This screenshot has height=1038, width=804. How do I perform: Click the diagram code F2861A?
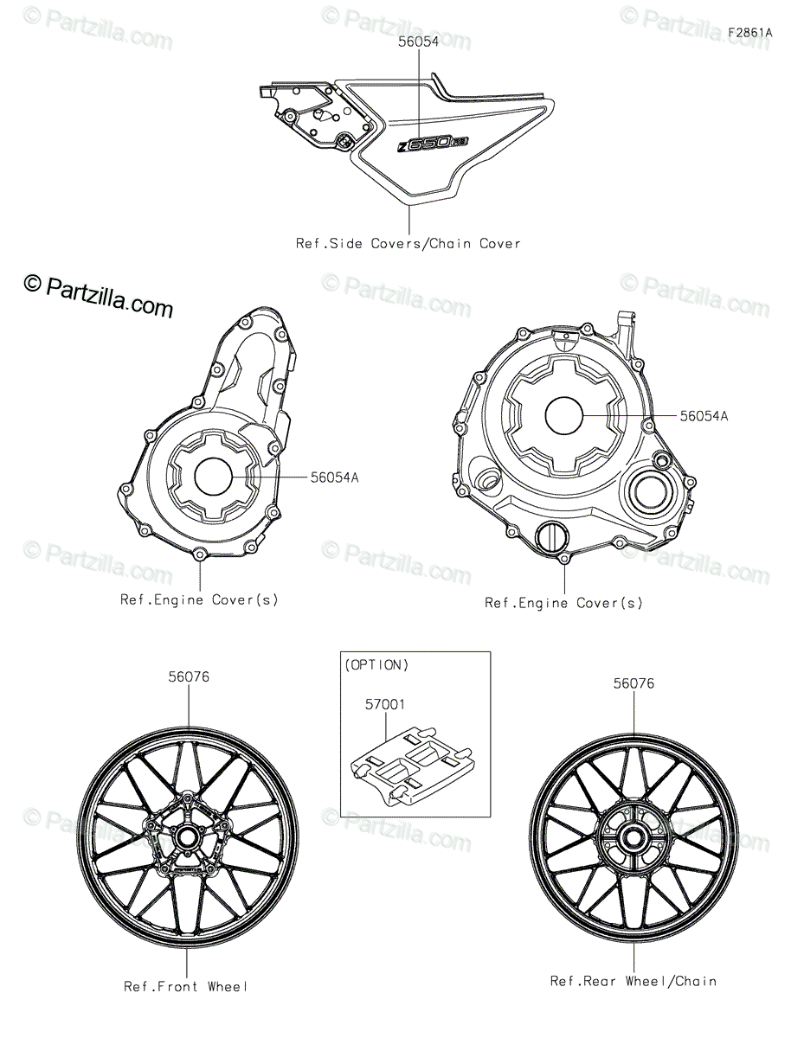pos(749,33)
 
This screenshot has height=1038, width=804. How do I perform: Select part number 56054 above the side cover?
pos(419,42)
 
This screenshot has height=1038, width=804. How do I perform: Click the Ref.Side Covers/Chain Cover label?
pos(408,244)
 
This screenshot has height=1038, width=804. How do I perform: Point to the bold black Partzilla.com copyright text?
pos(99,296)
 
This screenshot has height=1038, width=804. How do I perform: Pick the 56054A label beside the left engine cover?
pos(334,477)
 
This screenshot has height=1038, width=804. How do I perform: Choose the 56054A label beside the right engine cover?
pos(704,416)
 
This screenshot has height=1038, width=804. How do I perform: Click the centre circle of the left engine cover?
pos(213,477)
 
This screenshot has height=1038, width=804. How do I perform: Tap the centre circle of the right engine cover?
pos(564,415)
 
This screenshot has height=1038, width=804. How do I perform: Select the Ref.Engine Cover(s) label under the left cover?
pos(199,600)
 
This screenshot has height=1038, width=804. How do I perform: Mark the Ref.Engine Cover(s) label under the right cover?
pos(563,603)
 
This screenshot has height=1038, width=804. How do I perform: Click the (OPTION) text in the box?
pos(376,665)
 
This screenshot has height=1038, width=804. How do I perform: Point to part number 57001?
pos(385,704)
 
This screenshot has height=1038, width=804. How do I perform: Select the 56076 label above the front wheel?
pos(189,677)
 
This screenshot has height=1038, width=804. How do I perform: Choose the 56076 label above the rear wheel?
pos(634,683)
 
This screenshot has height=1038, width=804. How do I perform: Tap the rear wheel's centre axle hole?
pos(634,838)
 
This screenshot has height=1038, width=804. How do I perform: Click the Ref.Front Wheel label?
pos(186,986)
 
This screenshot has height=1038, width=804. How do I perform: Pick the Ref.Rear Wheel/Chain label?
pos(634,981)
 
